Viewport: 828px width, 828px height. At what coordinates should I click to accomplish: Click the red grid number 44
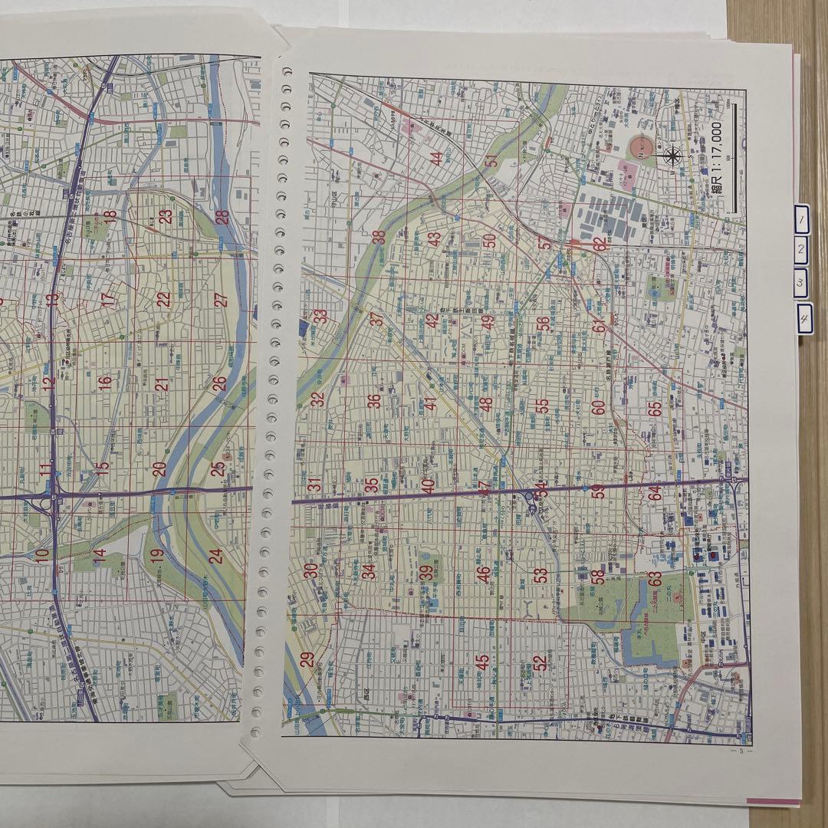coord(436,159)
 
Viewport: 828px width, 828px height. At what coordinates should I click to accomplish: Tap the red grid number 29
coord(307,659)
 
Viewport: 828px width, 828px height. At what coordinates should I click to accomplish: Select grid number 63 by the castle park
coord(655,579)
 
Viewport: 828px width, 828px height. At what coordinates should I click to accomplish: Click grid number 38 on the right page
coord(379,238)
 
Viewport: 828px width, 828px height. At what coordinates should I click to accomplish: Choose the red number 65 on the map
coord(655,409)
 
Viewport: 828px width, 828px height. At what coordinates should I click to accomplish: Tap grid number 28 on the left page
coord(222,217)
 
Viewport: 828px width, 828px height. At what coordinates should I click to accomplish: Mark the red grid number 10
coord(42,553)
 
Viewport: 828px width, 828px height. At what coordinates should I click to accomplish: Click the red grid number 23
coord(165,217)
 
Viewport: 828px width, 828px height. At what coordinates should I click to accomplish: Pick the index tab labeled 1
coord(800,221)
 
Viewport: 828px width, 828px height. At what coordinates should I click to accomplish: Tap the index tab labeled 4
coord(804,320)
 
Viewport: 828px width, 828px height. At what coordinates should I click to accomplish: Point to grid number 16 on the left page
coord(105,380)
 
